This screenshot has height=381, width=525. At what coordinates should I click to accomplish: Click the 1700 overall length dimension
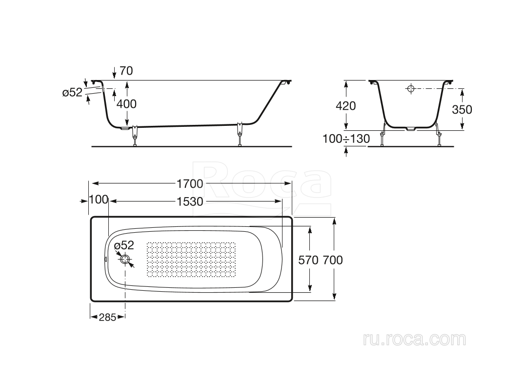[190, 184]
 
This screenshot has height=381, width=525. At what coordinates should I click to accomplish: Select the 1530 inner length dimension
[190, 201]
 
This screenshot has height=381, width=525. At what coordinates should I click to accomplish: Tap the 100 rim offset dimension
[99, 200]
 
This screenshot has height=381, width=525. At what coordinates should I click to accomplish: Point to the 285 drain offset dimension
[107, 317]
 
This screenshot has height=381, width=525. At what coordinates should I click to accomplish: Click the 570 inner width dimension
[308, 260]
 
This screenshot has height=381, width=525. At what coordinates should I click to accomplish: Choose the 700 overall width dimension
[333, 260]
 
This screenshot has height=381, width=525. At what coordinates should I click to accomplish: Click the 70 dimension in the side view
[126, 71]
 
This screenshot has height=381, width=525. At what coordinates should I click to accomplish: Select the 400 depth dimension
[126, 104]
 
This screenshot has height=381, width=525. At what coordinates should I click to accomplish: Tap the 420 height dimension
[346, 106]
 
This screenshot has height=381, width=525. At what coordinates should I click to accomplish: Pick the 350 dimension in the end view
[462, 109]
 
